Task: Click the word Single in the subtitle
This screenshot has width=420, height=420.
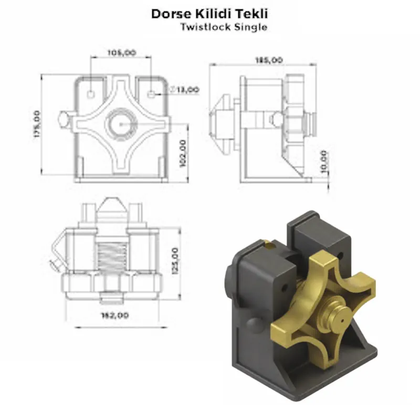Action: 250,27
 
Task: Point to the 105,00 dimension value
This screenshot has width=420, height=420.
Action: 122,52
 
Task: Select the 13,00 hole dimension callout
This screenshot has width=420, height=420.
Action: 187,90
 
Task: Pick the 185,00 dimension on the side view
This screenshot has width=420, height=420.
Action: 268,60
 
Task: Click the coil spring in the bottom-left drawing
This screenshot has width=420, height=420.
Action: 111,256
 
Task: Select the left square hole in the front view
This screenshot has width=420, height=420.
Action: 91,94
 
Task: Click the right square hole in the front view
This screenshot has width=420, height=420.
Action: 152,94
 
